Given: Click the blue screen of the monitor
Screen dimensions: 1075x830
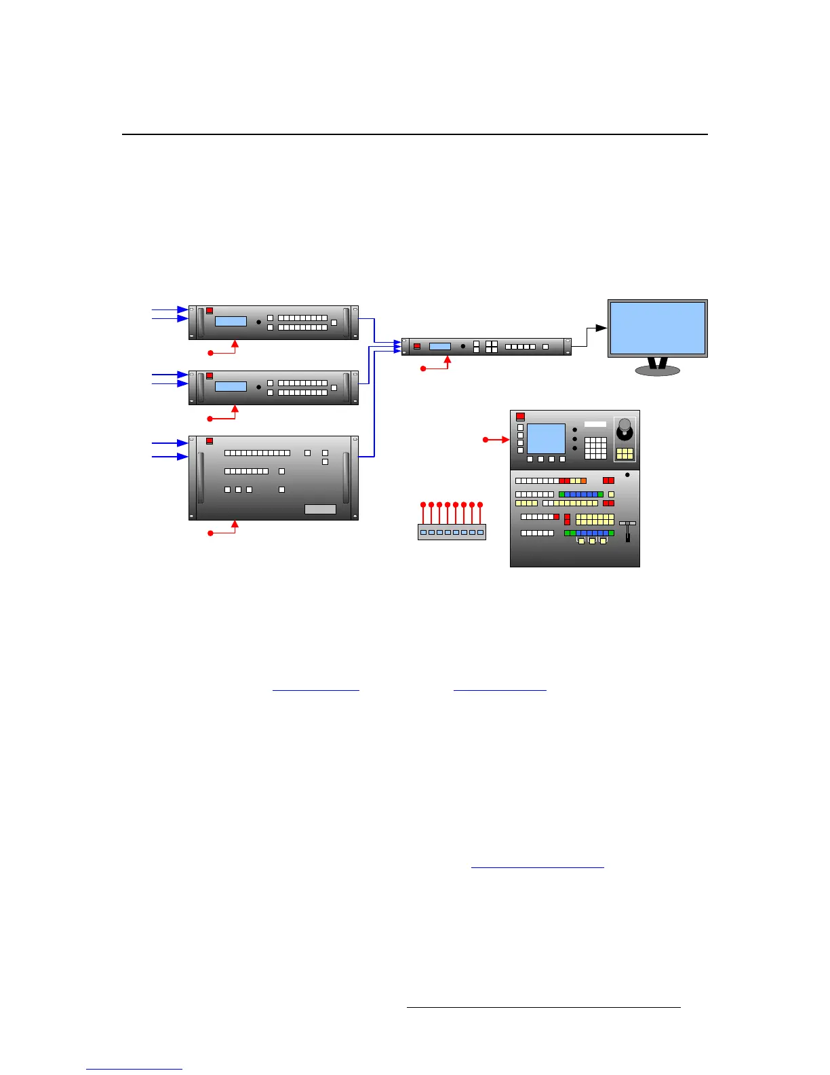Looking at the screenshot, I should point(658,328).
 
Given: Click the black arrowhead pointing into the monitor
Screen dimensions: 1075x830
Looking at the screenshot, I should point(601,328).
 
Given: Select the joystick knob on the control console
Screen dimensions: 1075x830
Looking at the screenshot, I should point(625,425).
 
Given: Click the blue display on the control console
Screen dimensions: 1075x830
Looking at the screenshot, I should point(546,438).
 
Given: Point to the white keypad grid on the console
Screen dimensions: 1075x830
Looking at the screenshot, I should point(595,447).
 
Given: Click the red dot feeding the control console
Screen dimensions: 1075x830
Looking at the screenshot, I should point(486,440).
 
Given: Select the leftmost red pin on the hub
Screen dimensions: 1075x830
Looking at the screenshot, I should point(423,504).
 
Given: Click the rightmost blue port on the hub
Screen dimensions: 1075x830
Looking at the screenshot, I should point(480,533).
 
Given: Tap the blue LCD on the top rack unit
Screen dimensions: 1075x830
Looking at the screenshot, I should point(231,321).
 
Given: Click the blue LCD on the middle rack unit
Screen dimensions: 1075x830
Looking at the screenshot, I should point(231,386).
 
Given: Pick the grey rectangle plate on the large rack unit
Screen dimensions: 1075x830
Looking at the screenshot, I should point(320,509).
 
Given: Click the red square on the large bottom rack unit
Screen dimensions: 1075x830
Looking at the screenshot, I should point(210,441).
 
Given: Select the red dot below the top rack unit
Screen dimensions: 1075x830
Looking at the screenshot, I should point(210,353).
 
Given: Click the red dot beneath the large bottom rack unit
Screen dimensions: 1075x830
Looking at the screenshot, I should point(210,533).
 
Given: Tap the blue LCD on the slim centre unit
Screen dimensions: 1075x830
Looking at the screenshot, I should point(440,346).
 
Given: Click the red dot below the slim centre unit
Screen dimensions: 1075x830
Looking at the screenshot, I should point(423,369).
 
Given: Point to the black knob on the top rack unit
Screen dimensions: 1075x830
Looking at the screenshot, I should point(258,322).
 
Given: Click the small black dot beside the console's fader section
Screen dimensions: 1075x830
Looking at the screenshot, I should point(627,475).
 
